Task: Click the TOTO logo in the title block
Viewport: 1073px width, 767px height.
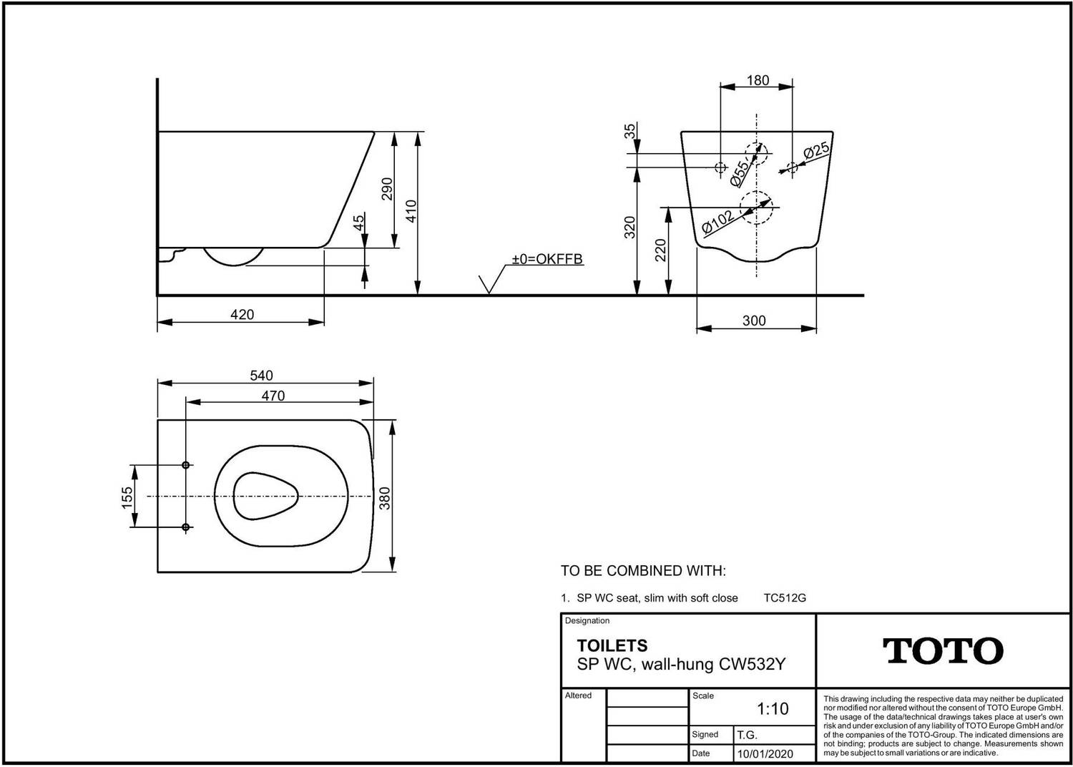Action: click(943, 650)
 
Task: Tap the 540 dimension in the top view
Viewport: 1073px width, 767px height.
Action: click(261, 376)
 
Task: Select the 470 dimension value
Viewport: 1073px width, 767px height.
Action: click(273, 396)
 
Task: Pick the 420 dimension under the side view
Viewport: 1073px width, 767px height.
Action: click(242, 314)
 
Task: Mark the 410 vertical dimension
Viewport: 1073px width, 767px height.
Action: click(411, 212)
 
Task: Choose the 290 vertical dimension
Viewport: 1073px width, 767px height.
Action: click(387, 189)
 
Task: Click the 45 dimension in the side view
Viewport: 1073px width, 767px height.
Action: click(360, 223)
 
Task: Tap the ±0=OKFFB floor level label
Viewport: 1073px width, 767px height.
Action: click(547, 259)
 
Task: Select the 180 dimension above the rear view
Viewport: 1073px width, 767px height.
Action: click(758, 80)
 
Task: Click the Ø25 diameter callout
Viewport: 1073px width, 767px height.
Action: click(816, 151)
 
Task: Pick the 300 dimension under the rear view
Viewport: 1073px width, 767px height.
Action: click(754, 321)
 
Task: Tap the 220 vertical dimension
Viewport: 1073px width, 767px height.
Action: click(660, 250)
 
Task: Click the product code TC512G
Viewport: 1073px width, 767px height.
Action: click(785, 598)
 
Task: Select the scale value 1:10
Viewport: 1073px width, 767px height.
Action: click(773, 709)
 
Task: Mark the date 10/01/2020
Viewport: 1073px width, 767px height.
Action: click(765, 754)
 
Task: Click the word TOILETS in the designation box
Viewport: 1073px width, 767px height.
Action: click(612, 645)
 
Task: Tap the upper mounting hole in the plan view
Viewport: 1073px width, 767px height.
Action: click(186, 465)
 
